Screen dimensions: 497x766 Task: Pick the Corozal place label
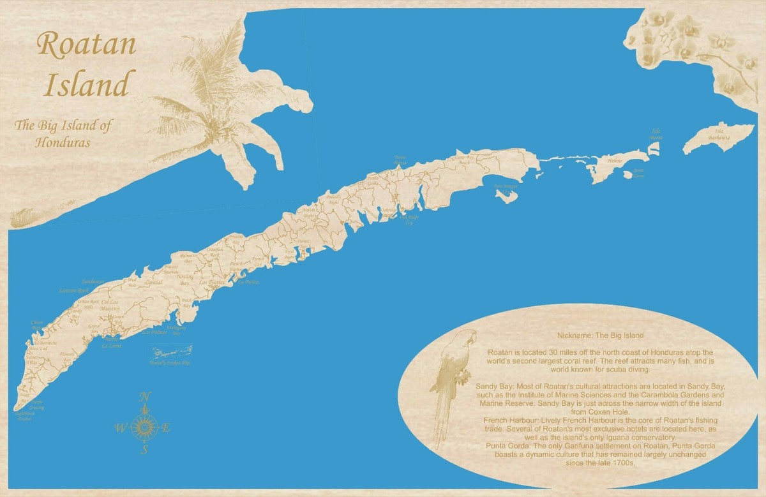[x=153, y=282]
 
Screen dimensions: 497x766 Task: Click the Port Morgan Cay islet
[x=507, y=195]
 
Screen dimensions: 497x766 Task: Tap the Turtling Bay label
[x=184, y=279]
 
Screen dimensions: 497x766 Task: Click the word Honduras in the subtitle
[x=63, y=142]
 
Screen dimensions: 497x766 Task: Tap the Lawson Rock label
[x=73, y=291]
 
